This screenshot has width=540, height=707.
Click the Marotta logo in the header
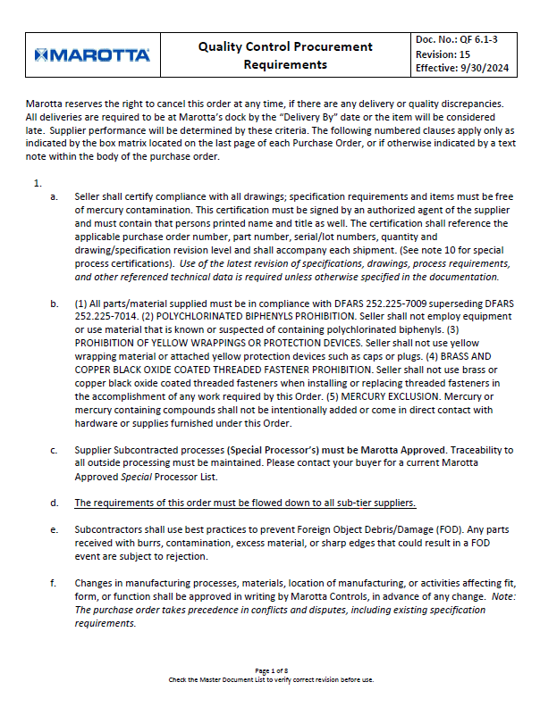click(92, 55)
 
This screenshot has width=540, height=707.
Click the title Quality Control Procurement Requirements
click(285, 55)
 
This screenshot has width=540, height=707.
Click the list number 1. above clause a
click(38, 182)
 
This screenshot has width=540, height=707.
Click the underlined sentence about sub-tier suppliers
click(245, 503)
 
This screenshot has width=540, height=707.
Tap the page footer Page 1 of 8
click(270, 670)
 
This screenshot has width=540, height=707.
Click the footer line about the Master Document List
click(270, 679)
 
